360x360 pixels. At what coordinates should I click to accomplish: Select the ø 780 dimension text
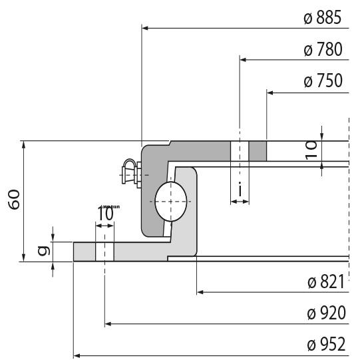(322, 50)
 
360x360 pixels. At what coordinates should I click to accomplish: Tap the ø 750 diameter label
(322, 81)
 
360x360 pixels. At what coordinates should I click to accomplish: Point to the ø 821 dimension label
(326, 282)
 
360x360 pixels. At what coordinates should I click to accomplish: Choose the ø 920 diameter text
(326, 313)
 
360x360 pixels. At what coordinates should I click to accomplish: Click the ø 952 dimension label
(326, 345)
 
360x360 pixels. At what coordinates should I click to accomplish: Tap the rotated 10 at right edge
(311, 150)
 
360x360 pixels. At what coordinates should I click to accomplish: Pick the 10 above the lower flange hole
(105, 214)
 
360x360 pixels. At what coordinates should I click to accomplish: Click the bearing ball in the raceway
(172, 200)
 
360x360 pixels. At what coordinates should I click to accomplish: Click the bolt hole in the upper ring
(240, 151)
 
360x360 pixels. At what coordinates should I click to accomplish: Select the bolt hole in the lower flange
(105, 252)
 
